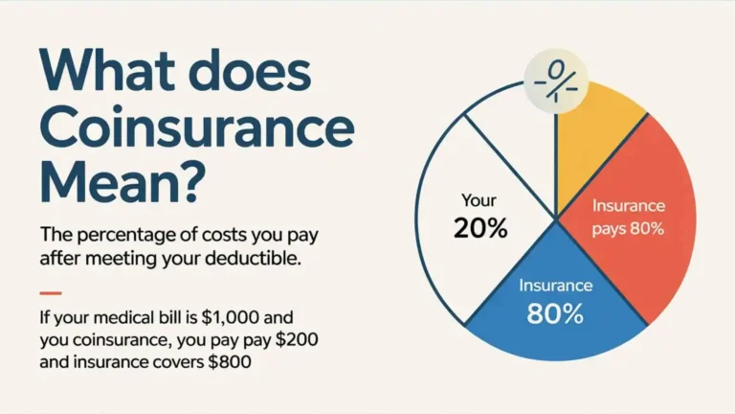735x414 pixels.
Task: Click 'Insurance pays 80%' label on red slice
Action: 628,217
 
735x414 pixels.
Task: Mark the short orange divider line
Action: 51,292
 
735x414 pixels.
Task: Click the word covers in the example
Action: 189,364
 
